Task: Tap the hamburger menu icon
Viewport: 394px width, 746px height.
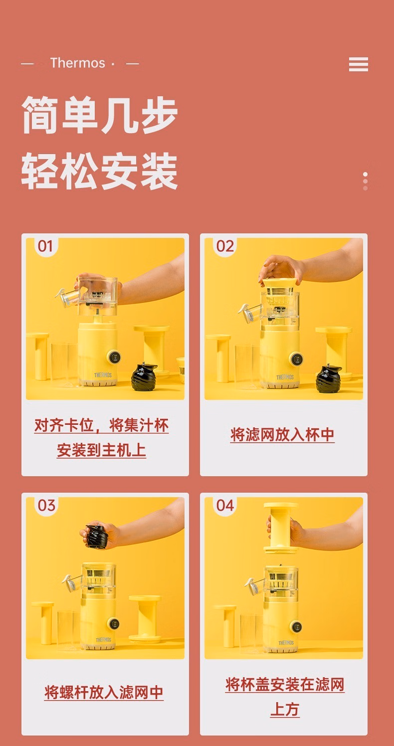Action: point(359,64)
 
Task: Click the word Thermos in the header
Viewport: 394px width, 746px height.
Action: point(78,63)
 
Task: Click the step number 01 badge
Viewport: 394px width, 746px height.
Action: point(45,246)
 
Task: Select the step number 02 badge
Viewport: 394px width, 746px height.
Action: point(225,246)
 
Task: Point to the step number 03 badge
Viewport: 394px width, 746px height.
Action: point(46,506)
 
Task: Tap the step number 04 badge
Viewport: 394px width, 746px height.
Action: point(225,506)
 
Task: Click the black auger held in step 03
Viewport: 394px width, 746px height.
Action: point(96,536)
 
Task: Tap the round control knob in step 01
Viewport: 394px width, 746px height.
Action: point(114,357)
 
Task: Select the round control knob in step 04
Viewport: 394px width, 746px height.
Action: point(296,626)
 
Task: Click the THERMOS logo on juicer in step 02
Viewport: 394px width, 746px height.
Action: point(285,377)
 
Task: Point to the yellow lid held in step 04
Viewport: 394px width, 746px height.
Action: point(281,528)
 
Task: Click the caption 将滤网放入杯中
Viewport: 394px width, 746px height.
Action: point(282,435)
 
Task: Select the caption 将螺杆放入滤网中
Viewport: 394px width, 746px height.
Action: point(104,692)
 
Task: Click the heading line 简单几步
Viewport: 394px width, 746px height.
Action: point(99,115)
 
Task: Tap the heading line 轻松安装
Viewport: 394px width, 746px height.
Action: point(99,171)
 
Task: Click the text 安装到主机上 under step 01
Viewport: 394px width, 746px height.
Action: point(101,450)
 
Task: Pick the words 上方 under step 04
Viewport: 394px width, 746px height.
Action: point(285,709)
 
